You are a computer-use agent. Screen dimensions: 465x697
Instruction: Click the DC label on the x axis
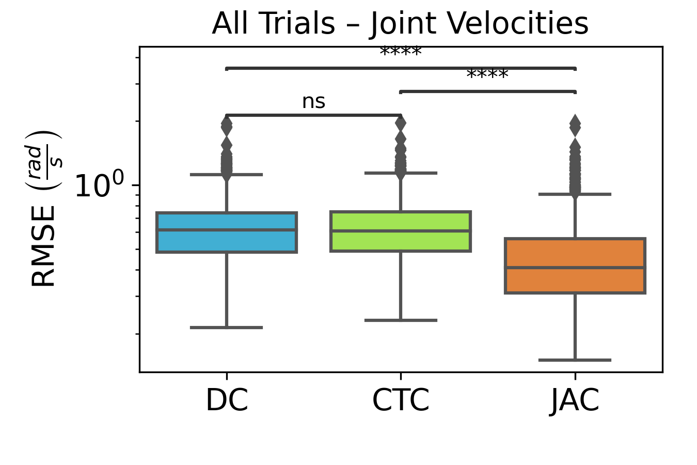pyautogui.click(x=227, y=400)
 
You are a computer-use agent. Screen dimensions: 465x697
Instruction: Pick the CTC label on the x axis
pyautogui.click(x=401, y=400)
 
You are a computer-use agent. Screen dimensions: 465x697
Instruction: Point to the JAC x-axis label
pyautogui.click(x=575, y=400)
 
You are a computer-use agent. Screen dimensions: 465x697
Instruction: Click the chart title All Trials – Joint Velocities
pyautogui.click(x=400, y=24)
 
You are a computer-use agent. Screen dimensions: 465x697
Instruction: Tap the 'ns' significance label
pyautogui.click(x=313, y=102)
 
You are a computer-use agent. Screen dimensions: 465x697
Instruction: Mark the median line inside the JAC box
pyautogui.click(x=575, y=267)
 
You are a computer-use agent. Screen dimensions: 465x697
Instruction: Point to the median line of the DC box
pyautogui.click(x=227, y=230)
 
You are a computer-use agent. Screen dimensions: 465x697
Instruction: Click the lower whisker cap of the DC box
pyautogui.click(x=227, y=328)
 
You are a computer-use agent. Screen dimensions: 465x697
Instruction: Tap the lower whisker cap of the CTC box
pyautogui.click(x=401, y=320)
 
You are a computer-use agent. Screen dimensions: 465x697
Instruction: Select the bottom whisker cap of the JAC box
pyautogui.click(x=575, y=360)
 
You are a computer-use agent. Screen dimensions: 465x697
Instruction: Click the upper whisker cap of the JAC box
pyautogui.click(x=575, y=194)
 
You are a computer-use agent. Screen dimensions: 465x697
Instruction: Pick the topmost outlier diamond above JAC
pyautogui.click(x=575, y=124)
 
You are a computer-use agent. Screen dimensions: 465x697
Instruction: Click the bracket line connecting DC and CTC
pyautogui.click(x=313, y=115)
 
